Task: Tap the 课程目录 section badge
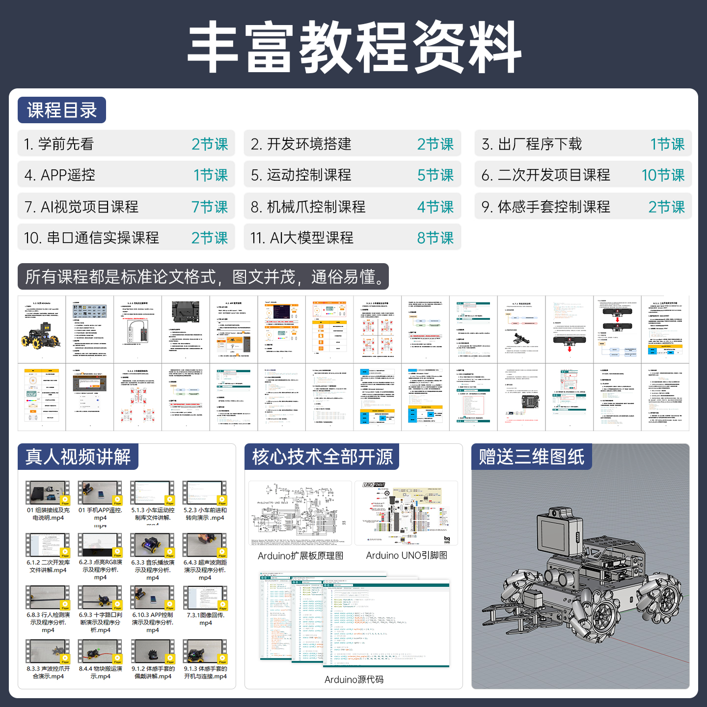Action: pyautogui.click(x=62, y=110)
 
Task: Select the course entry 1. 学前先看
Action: pyautogui.click(x=59, y=144)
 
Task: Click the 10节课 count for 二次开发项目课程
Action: pyautogui.click(x=662, y=175)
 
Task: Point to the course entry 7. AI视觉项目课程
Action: pyautogui.click(x=82, y=207)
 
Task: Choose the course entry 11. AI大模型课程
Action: pyautogui.click(x=302, y=238)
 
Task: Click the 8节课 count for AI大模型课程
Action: pyautogui.click(x=435, y=238)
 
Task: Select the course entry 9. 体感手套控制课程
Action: pyautogui.click(x=545, y=207)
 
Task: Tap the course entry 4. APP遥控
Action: pyautogui.click(x=60, y=175)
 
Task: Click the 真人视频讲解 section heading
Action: pyautogui.click(x=78, y=457)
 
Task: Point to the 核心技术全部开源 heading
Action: pyautogui.click(x=322, y=457)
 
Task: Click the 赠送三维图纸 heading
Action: pyautogui.click(x=531, y=457)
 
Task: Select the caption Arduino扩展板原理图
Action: pyautogui.click(x=300, y=556)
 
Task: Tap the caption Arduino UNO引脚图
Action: pyautogui.click(x=407, y=555)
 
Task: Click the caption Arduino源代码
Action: pyautogui.click(x=353, y=680)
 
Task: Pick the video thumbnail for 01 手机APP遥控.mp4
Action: pyautogui.click(x=100, y=493)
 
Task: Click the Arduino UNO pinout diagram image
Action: pyautogui.click(x=406, y=513)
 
